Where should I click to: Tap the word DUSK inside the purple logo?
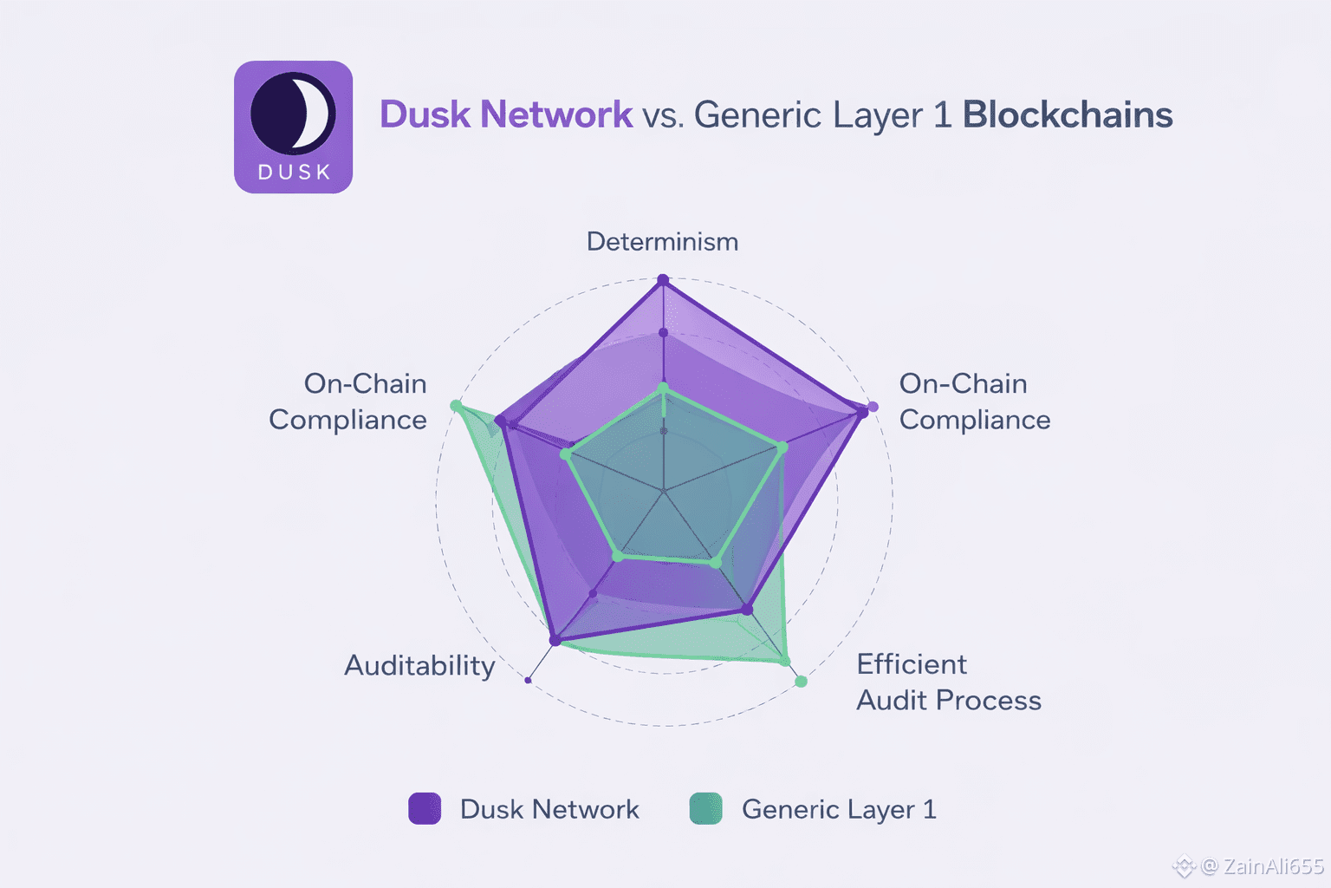click(295, 173)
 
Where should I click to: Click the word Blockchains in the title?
click(1068, 115)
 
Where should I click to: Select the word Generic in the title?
click(757, 115)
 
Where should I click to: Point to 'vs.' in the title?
click(663, 115)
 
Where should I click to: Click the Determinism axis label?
click(662, 242)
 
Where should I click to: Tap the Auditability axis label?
click(419, 666)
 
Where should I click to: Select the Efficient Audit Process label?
click(948, 682)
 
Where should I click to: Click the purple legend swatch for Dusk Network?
click(425, 808)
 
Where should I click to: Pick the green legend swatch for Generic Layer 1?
click(705, 808)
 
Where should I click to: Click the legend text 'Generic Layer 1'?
click(839, 810)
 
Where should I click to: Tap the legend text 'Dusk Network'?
click(549, 810)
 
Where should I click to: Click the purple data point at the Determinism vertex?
click(663, 280)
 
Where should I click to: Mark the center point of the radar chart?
click(664, 492)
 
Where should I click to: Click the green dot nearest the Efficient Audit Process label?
click(801, 682)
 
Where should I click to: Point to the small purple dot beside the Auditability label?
click(528, 681)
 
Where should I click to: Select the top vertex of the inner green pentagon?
click(664, 388)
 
